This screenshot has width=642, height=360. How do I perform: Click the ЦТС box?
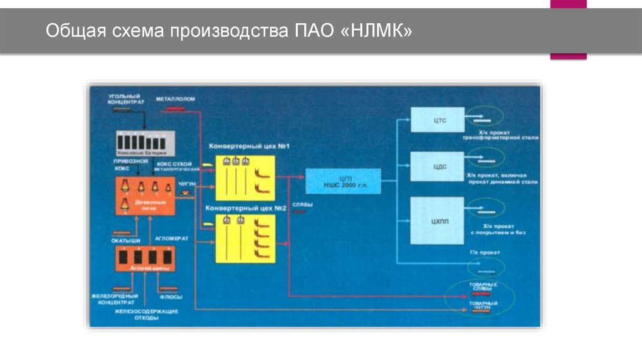[x=437, y=119]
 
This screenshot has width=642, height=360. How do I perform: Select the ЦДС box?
[x=437, y=167]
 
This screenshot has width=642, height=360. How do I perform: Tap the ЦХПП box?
[x=437, y=220]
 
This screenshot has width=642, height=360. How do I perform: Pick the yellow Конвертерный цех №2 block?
[x=245, y=237]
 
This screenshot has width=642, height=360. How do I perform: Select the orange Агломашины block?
[x=145, y=259]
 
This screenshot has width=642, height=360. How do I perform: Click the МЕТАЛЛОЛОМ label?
[x=176, y=99]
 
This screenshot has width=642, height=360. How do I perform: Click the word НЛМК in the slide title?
[x=379, y=31]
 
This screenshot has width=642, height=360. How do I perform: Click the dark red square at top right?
[x=568, y=29]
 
